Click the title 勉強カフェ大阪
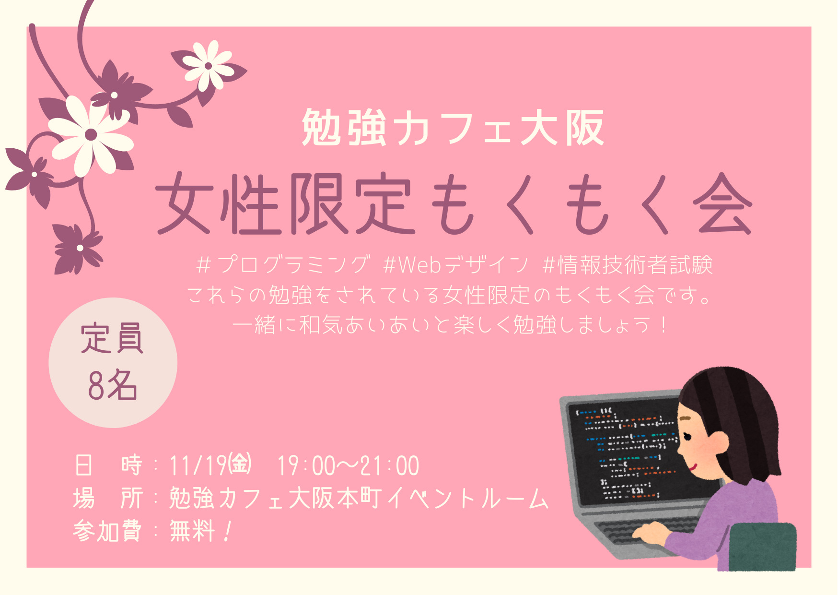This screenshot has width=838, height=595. [453, 127]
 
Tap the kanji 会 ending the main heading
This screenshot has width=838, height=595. [722, 203]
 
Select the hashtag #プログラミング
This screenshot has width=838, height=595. [283, 264]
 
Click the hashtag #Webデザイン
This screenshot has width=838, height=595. [455, 264]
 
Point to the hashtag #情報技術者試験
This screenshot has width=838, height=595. [628, 264]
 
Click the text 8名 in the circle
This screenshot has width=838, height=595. [113, 385]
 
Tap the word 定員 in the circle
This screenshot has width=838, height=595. [112, 338]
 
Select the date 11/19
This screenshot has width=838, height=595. [198, 465]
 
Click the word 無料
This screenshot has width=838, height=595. [192, 531]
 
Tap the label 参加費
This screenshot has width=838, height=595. [107, 531]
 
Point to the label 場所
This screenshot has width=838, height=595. [108, 498]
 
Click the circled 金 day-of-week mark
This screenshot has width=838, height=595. [240, 464]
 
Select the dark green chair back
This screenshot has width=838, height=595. [762, 547]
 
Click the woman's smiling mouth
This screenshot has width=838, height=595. [692, 466]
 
